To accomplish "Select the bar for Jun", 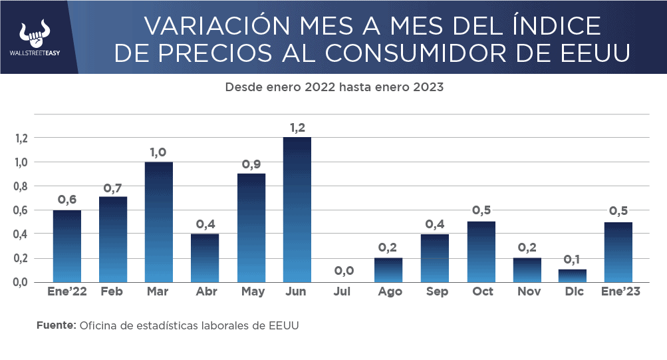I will click(297, 210).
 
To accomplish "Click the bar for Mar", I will click(159, 222).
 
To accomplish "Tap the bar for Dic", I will click(572, 275).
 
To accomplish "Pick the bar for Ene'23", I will click(618, 252).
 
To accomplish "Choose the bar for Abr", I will click(205, 258).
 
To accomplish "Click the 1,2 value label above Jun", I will click(297, 127).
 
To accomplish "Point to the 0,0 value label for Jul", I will click(343, 271).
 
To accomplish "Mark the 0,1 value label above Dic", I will click(572, 259).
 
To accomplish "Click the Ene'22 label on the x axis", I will click(67, 292).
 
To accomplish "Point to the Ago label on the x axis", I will click(388, 292).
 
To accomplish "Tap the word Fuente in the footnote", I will click(56, 326).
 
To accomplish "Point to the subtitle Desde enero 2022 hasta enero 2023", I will click(334, 87).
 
